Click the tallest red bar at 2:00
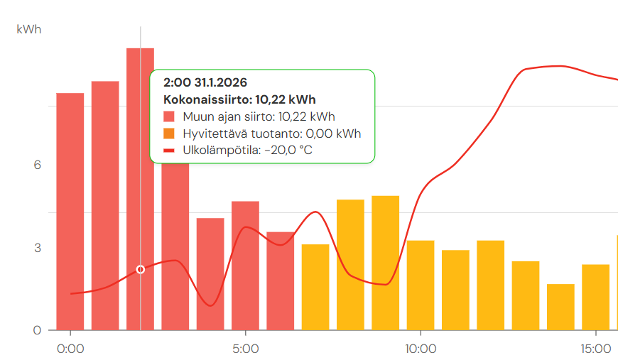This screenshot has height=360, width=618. pyautogui.click(x=140, y=213)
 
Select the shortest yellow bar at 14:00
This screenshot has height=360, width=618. pyautogui.click(x=560, y=307)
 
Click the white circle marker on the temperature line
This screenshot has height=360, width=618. pyautogui.click(x=141, y=269)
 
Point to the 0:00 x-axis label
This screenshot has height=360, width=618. pyautogui.click(x=70, y=349)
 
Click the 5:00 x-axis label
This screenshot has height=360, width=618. pyautogui.click(x=245, y=349)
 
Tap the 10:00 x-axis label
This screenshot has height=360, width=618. pyautogui.click(x=421, y=349)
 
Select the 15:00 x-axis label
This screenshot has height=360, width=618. pyautogui.click(x=595, y=349)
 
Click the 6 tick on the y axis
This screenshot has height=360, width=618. pyautogui.click(x=38, y=165)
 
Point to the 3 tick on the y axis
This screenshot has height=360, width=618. pyautogui.click(x=38, y=248)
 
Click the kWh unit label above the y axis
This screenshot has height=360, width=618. pyautogui.click(x=29, y=29)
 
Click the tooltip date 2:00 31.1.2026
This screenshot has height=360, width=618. pyautogui.click(x=205, y=82)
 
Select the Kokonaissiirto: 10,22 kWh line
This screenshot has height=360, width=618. pyautogui.click(x=239, y=99)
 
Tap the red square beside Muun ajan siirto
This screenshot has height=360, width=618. pyautogui.click(x=169, y=116)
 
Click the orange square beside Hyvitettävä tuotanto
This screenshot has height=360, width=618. pyautogui.click(x=169, y=133)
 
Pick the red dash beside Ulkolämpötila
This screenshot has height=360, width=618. pyautogui.click(x=169, y=151)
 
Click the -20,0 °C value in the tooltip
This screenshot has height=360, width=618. pyautogui.click(x=288, y=151)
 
